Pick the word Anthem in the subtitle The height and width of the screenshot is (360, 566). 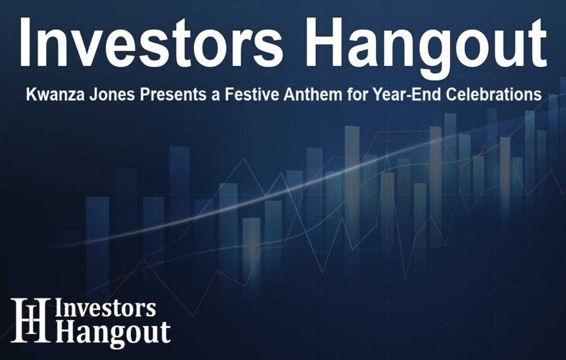pyautogui.click(x=287, y=95)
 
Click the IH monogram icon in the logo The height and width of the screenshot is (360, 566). pyautogui.click(x=30, y=320)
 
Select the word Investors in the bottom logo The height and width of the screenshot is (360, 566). pyautogui.click(x=106, y=308)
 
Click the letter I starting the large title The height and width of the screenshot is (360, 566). pyautogui.click(x=26, y=43)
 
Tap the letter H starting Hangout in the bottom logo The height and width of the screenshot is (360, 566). pyautogui.click(x=65, y=333)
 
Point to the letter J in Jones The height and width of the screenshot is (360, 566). pyautogui.click(x=84, y=95)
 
